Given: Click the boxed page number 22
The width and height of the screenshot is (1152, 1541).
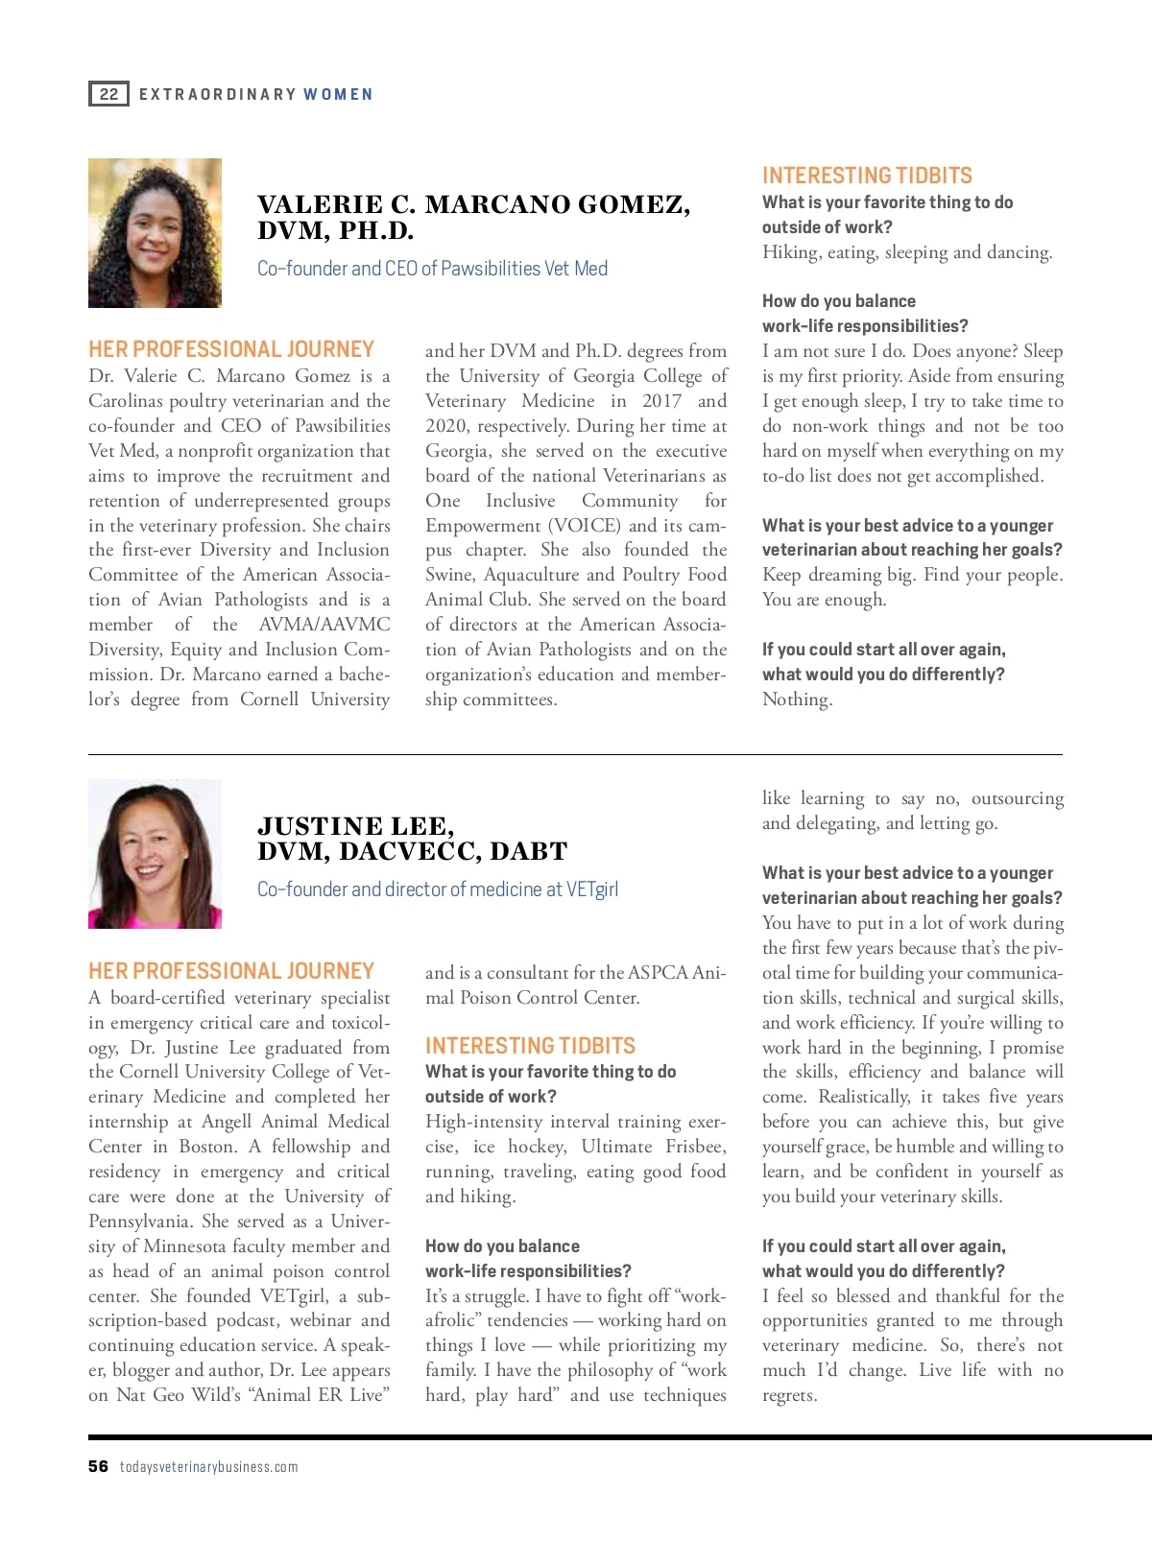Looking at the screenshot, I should pyautogui.click(x=108, y=94).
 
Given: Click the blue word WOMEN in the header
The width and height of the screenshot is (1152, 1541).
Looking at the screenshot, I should pyautogui.click(x=338, y=94).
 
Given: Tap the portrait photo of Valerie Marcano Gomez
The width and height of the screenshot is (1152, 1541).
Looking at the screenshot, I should pyautogui.click(x=155, y=233).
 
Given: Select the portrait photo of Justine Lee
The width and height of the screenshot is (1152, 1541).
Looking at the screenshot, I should pyautogui.click(x=155, y=854).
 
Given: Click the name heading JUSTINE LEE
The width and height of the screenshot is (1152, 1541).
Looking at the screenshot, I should pyautogui.click(x=355, y=826).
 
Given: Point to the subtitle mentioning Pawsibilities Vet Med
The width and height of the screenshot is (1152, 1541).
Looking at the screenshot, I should pyautogui.click(x=432, y=269).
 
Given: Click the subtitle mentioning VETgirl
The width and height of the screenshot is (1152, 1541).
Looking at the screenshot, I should pyautogui.click(x=437, y=889).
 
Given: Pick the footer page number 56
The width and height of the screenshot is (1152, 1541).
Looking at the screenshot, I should pyautogui.click(x=98, y=1466).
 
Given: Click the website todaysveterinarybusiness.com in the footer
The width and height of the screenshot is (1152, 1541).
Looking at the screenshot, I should pyautogui.click(x=208, y=1467).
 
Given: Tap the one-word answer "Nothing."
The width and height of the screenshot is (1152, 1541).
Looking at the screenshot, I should pyautogui.click(x=797, y=699).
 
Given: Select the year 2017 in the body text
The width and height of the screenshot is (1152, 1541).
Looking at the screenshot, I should pyautogui.click(x=661, y=401).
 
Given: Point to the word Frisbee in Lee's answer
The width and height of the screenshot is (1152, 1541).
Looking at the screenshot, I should pyautogui.click(x=696, y=1147).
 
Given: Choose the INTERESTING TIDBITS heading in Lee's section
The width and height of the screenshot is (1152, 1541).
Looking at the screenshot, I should pyautogui.click(x=530, y=1046).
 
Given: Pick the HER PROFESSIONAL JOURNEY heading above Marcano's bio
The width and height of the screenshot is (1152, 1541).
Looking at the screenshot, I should pyautogui.click(x=231, y=349).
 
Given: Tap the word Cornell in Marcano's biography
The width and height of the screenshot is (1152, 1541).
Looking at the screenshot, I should pyautogui.click(x=269, y=699).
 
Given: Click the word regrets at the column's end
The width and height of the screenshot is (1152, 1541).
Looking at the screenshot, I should pyautogui.click(x=789, y=1395).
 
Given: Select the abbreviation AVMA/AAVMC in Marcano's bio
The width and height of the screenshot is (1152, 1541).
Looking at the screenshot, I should pyautogui.click(x=324, y=625).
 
